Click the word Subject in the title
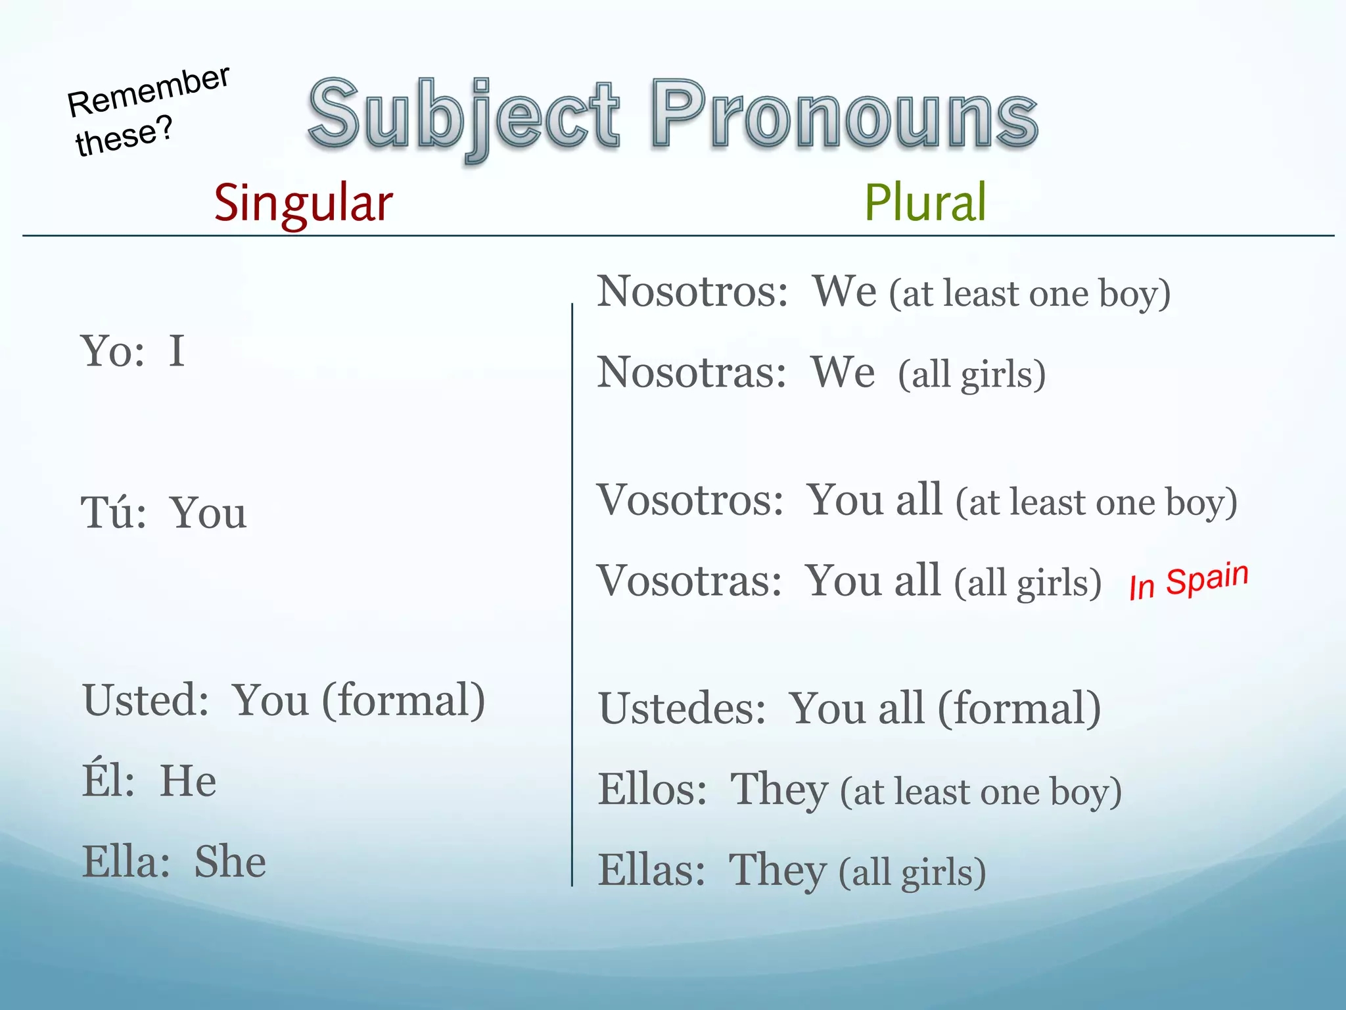[463, 115]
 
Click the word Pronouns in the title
[845, 115]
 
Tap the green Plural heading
[925, 203]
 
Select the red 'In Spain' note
[1188, 582]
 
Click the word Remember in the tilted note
[149, 92]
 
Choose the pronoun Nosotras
[690, 373]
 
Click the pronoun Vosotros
[689, 500]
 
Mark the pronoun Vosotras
[687, 581]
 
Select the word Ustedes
[681, 709]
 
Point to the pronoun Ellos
[651, 790]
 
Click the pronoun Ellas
[650, 871]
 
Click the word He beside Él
[188, 781]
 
